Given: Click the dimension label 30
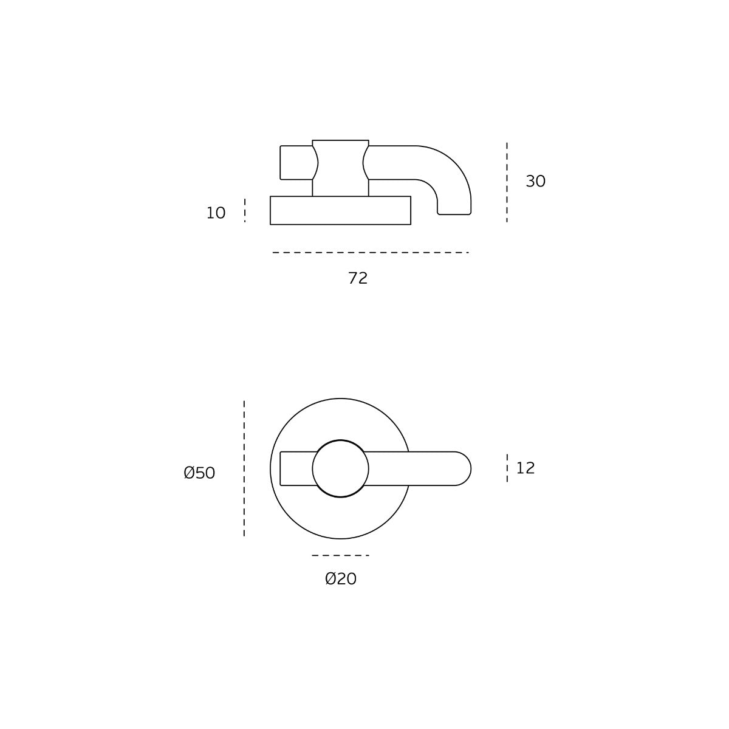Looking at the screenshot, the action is [x=535, y=181].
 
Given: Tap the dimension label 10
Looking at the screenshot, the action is [x=216, y=213].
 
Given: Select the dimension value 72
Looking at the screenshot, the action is [x=357, y=278].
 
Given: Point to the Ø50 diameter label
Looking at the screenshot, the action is [x=199, y=473].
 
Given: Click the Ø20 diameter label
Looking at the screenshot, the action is [x=340, y=579].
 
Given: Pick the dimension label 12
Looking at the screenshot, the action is [x=525, y=468].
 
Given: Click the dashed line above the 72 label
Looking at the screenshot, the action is [x=371, y=252].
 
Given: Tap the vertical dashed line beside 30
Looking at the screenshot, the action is [x=507, y=182].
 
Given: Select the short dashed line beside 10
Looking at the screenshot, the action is [x=245, y=210].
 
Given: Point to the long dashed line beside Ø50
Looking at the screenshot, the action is [x=244, y=468].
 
